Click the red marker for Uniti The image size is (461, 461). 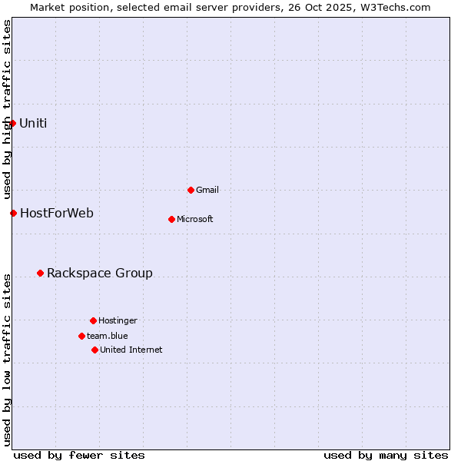coord(12,123)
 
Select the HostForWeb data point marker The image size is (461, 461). coord(13,213)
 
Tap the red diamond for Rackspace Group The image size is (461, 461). coord(40,273)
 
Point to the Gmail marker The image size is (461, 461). coord(191,190)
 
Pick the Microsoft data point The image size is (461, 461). coord(171,219)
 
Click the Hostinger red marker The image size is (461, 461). coord(93,320)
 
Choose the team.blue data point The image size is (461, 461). coord(81,336)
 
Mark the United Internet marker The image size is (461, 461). coord(95,350)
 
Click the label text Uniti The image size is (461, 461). coord(33,123)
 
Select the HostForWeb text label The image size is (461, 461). coord(57,213)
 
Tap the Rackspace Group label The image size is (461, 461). coord(100,273)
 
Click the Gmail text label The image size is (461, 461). coord(207,190)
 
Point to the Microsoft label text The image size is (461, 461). coord(195,219)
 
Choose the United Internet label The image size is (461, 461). coord(131,350)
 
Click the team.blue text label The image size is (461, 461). coord(108,336)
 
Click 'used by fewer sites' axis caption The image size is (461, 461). coord(79,455)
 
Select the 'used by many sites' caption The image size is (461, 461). coord(386,455)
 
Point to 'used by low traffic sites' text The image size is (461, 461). coord(7,359)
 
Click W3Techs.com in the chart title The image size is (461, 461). coord(394,7)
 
